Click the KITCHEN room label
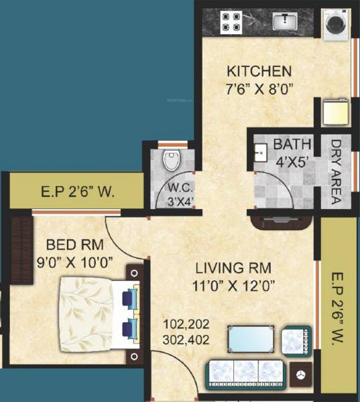tap(258, 71)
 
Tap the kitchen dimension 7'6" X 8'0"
tap(258, 88)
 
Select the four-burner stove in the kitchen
tap(231, 23)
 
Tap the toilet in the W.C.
tap(172, 159)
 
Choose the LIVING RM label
tap(233, 268)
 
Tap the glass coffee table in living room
tap(251, 339)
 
